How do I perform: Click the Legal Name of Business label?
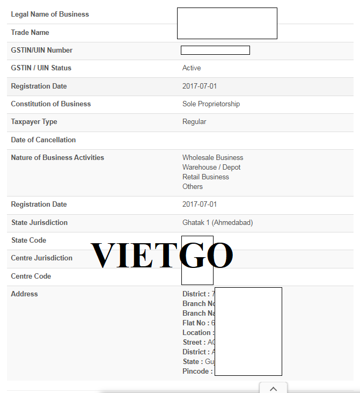pos(50,14)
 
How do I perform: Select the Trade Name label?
pos(30,32)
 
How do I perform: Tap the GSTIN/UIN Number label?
pos(42,50)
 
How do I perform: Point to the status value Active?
pos(192,68)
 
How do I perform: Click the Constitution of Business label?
pos(51,104)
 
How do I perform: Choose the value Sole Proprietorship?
pos(211,104)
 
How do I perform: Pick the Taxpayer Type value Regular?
pos(194,122)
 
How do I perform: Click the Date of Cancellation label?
pos(43,140)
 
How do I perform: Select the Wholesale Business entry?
pos(212,158)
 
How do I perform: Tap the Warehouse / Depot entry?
pos(211,168)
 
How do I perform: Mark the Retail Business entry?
pos(205,177)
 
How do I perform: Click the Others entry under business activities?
pos(193,186)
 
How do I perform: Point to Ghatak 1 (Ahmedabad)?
pos(217,222)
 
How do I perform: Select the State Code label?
pos(28,240)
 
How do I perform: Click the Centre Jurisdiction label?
pos(41,258)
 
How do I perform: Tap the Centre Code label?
pos(31,276)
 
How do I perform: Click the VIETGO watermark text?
pos(161,255)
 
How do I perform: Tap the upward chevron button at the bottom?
pos(273,388)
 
